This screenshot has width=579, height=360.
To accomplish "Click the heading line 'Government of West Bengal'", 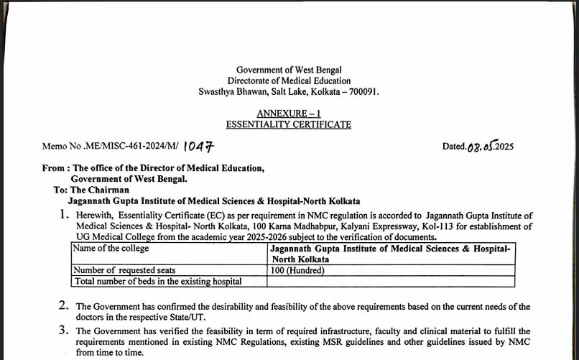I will click(289, 70).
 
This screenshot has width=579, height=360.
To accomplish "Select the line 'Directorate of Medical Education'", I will click(289, 80).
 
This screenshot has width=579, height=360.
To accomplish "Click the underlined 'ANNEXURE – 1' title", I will click(288, 114).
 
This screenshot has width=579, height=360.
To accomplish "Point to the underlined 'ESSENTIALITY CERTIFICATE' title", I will click(288, 124).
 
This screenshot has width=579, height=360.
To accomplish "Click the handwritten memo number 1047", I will click(198, 147).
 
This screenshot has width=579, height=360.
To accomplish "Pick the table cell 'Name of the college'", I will click(111, 249).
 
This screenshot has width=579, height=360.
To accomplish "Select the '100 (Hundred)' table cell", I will click(298, 270).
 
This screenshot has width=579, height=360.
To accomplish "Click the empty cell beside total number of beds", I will click(392, 281).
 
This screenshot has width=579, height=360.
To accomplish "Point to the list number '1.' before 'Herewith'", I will click(65, 215).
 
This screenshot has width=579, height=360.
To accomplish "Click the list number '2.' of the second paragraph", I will click(64, 306).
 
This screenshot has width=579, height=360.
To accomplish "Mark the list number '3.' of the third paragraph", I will click(64, 331).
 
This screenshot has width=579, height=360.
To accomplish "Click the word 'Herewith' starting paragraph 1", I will click(95, 216).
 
